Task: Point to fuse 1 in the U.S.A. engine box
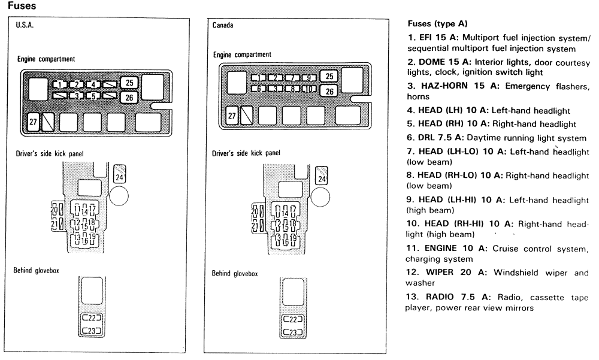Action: point(60,84)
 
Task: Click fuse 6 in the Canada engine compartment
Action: point(258,89)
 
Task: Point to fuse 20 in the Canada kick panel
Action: point(256,211)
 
